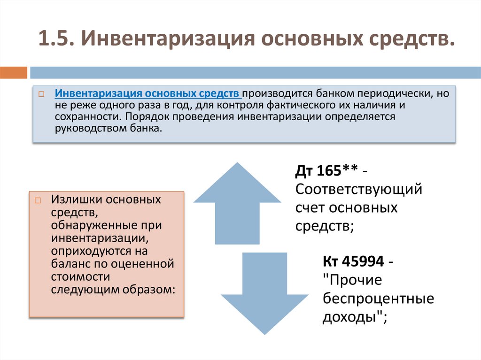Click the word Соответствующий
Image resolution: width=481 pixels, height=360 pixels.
point(359,190)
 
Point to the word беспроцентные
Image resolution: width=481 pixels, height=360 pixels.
point(378,299)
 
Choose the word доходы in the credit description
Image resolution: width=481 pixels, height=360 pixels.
point(351,317)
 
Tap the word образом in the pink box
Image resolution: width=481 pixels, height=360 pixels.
point(153,289)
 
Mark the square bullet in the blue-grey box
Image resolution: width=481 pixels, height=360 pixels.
point(42,94)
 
